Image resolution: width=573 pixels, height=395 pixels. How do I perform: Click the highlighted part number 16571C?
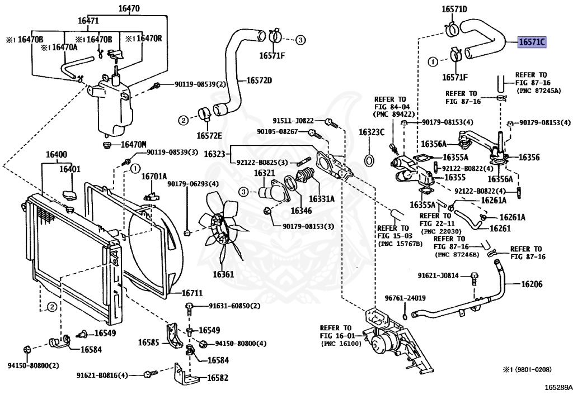point(532,42)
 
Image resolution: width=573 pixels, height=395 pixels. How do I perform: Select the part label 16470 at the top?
point(129,8)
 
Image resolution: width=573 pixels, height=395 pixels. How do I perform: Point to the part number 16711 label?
point(192,293)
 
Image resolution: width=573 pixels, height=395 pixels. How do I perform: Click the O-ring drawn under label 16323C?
point(370,161)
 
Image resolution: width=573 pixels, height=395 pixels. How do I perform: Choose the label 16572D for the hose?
point(259,80)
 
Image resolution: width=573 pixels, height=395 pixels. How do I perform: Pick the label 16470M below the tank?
point(134,145)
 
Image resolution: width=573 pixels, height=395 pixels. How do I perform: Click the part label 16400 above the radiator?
point(56,154)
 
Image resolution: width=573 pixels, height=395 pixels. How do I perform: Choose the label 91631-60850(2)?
point(234,306)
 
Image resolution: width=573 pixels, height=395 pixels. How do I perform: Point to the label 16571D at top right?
point(454,9)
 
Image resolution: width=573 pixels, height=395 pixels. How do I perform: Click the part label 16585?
point(149,342)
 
